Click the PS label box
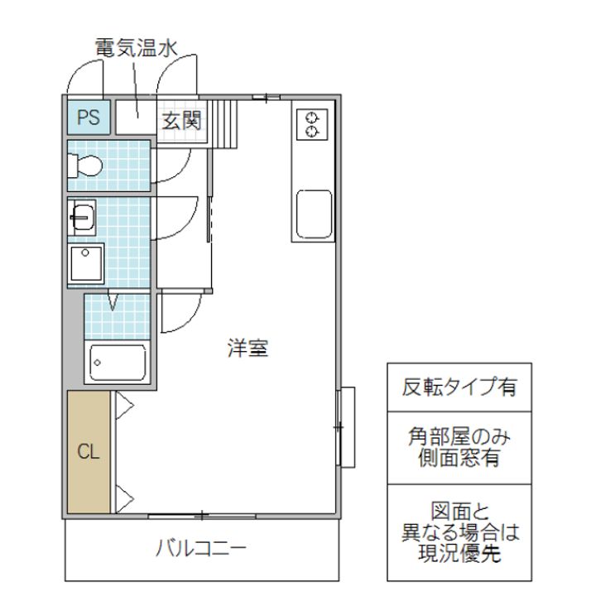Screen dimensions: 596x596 click(86, 118)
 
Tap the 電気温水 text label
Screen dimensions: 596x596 click(136, 48)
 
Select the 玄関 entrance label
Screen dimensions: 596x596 click(181, 120)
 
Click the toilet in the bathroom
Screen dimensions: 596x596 click(86, 166)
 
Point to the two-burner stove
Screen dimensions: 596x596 click(313, 123)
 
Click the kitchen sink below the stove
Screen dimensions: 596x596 click(313, 214)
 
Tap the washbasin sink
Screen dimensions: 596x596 click(82, 219)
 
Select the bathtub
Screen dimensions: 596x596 click(118, 361)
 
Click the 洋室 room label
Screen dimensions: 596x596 click(248, 348)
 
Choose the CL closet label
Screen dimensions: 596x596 click(89, 453)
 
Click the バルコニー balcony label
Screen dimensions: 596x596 click(202, 548)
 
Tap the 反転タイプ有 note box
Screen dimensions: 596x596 click(455, 387)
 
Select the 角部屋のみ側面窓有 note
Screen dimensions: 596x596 click(455, 447)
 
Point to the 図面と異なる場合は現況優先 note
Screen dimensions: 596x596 click(455, 531)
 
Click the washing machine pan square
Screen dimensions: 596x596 click(86, 264)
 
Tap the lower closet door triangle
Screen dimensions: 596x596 click(124, 498)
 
